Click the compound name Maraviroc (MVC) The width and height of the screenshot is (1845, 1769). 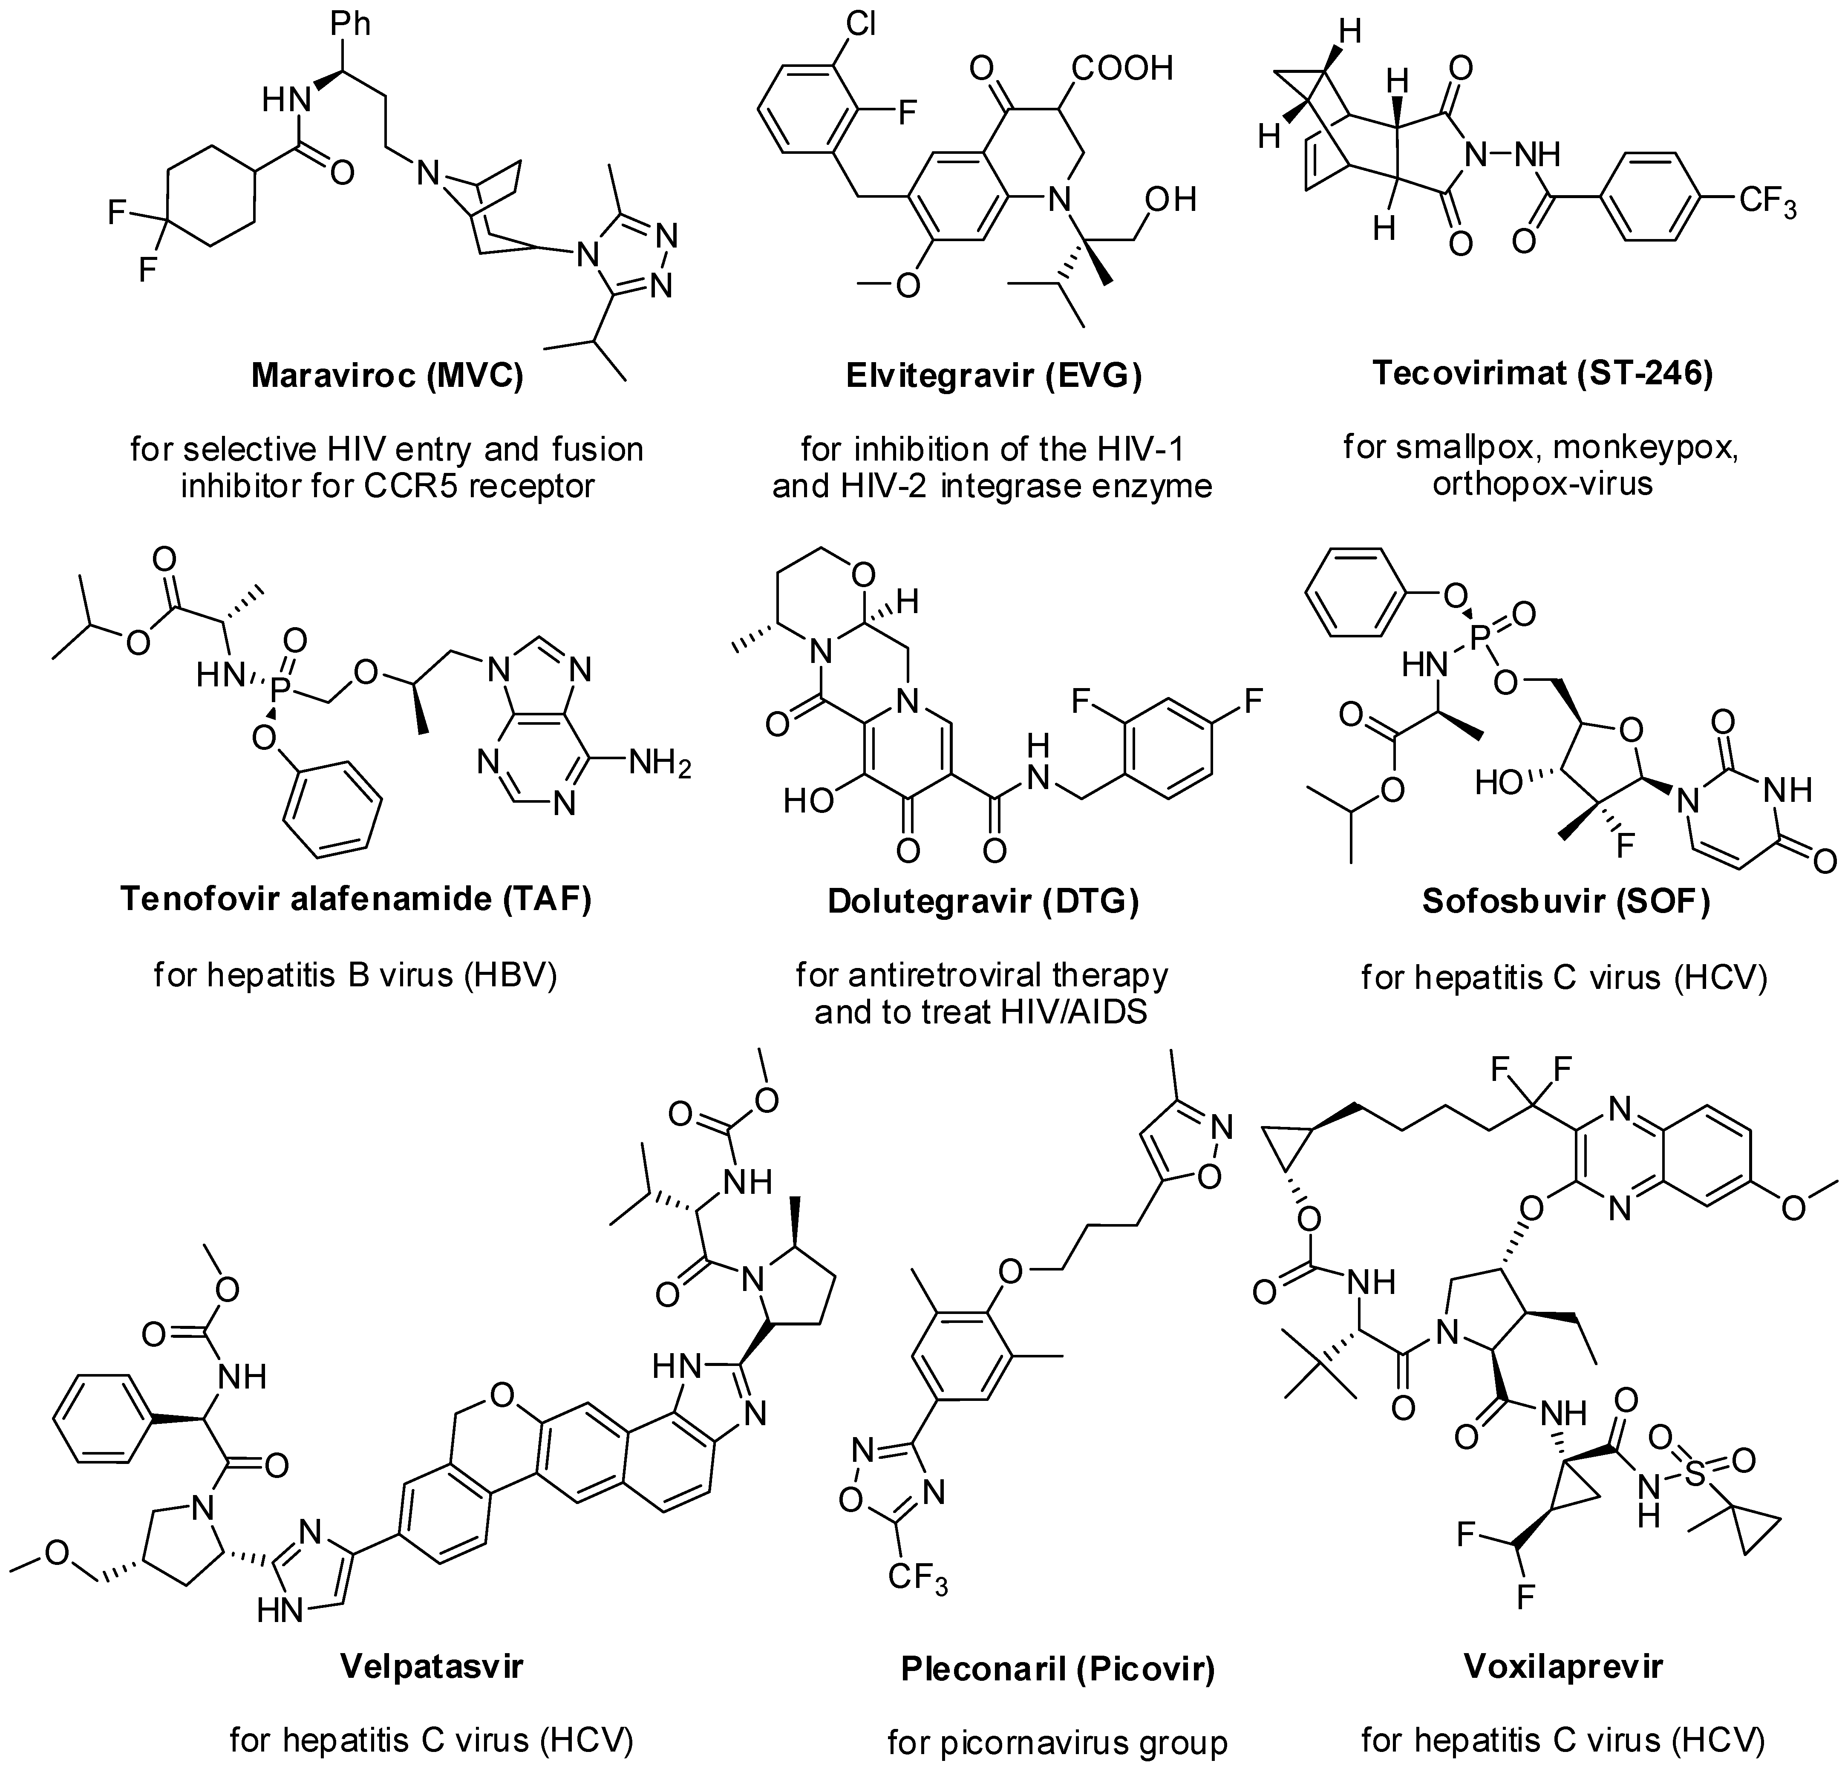387,376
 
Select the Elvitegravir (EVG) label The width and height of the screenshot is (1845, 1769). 993,376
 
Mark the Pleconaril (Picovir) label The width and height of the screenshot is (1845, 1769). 1058,1668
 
